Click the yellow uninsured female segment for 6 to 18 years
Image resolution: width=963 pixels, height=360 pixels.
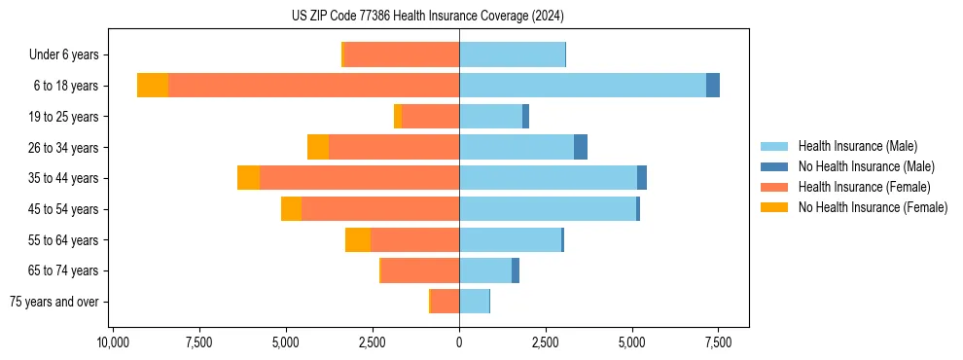tap(153, 86)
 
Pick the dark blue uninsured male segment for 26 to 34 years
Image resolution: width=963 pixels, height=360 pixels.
tap(581, 147)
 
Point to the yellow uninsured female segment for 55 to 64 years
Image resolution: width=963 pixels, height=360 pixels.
tap(358, 239)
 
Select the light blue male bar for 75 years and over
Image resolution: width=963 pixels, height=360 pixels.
tap(474, 301)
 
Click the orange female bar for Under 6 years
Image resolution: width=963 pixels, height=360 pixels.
tap(402, 54)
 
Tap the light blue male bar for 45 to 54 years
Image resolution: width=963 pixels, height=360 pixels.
tap(548, 208)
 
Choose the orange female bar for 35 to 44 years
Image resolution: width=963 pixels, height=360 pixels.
tap(359, 178)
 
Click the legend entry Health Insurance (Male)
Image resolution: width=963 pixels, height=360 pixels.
tap(857, 146)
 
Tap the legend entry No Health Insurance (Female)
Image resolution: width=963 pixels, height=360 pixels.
tap(873, 207)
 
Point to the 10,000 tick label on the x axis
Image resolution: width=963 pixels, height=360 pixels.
tap(113, 342)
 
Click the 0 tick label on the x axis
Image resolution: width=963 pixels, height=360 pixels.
tap(459, 342)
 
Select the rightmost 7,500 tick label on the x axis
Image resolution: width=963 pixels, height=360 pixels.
tap(718, 342)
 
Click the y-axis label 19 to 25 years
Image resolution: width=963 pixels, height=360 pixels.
tap(63, 117)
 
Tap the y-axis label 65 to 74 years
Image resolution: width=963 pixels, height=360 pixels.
tap(63, 270)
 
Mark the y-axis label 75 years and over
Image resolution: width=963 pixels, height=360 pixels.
tap(54, 302)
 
